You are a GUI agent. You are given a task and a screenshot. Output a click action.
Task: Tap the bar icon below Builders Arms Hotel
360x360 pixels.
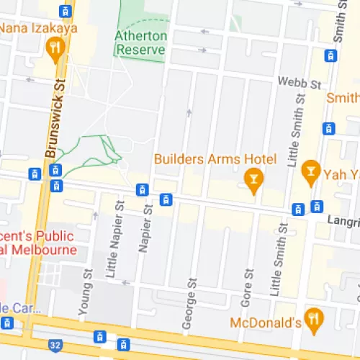coord(253,179)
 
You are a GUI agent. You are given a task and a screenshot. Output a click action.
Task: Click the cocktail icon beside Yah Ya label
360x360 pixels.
coord(310,171)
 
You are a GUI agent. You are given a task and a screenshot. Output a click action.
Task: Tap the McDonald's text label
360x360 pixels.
coord(265,323)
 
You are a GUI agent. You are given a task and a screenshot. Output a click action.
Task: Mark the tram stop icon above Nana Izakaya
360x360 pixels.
coord(66,11)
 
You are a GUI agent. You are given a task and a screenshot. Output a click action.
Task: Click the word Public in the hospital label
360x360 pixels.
coord(55,236)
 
